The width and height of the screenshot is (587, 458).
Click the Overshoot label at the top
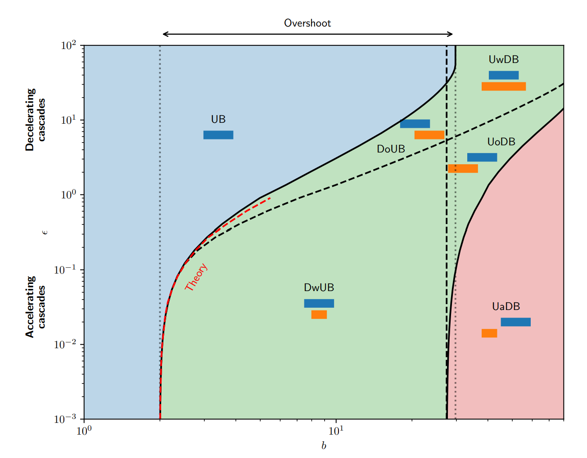pyautogui.click(x=307, y=23)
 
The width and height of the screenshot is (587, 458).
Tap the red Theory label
pyautogui.click(x=196, y=277)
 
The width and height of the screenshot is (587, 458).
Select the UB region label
pyautogui.click(x=218, y=119)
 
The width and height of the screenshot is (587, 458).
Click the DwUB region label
pyautogui.click(x=319, y=287)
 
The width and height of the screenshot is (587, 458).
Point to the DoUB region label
pyautogui.click(x=391, y=149)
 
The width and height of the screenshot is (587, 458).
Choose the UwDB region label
pyautogui.click(x=504, y=59)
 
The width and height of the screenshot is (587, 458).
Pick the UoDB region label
pyautogui.click(x=501, y=142)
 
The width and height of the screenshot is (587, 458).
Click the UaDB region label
pyautogui.click(x=506, y=306)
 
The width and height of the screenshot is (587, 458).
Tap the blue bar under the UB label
pyautogui.click(x=218, y=135)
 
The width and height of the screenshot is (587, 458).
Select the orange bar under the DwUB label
pyautogui.click(x=319, y=314)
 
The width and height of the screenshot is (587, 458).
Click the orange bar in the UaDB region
pyautogui.click(x=489, y=333)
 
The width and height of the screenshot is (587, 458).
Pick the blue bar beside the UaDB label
pyautogui.click(x=515, y=322)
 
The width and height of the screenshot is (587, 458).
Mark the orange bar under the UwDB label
pyautogui.click(x=504, y=86)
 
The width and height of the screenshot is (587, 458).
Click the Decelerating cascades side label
pyautogui.click(x=36, y=119)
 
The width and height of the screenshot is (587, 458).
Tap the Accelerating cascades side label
pyautogui.click(x=36, y=306)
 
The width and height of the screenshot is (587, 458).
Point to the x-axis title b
pyautogui.click(x=324, y=446)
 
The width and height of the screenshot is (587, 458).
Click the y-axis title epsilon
pyautogui.click(x=45, y=232)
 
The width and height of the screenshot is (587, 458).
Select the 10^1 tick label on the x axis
pyautogui.click(x=335, y=431)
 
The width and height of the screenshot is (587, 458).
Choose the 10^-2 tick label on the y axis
pyautogui.click(x=65, y=345)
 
